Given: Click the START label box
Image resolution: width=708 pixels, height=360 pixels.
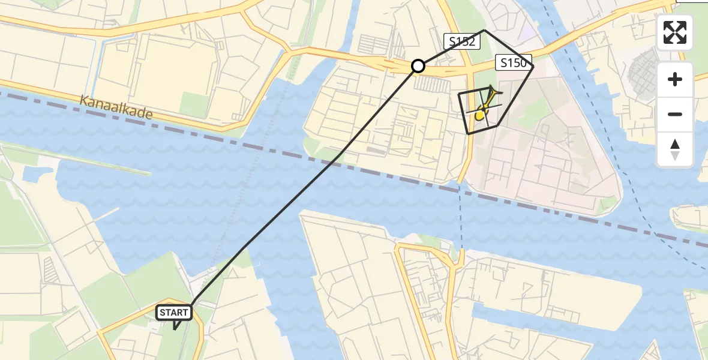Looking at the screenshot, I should (174, 312).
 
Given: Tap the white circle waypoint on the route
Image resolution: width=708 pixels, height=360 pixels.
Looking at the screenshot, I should (418, 66).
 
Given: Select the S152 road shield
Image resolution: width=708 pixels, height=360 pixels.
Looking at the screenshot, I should (462, 41).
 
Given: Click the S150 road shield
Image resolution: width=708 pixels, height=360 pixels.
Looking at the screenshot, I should (514, 62).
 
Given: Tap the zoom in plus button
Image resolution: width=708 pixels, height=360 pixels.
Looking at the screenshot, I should (675, 79).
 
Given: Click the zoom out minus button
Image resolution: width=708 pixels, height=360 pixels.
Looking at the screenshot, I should (675, 114).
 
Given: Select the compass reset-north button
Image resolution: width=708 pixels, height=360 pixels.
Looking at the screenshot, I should (675, 149).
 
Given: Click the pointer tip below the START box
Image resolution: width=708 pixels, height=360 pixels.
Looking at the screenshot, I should (175, 329).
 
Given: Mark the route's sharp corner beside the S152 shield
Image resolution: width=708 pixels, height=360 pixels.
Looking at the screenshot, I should (485, 30).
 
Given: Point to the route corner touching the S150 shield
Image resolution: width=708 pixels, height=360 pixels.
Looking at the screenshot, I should (533, 67).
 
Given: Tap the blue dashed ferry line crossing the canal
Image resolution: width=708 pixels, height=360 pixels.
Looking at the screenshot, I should (461, 216).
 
